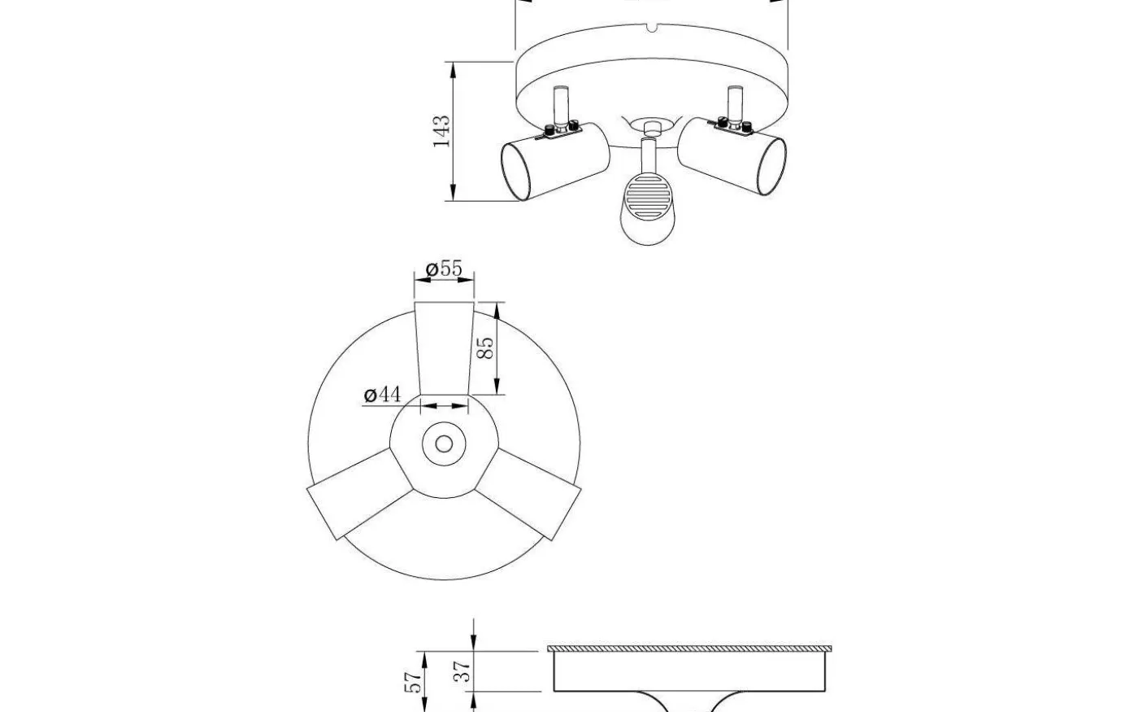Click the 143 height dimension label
(441, 131)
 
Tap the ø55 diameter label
(444, 268)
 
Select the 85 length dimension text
(485, 348)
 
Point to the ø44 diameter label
(382, 395)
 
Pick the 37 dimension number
(463, 671)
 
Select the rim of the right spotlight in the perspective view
(773, 167)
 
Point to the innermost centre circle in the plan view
(444, 443)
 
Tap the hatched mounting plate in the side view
(689, 649)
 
